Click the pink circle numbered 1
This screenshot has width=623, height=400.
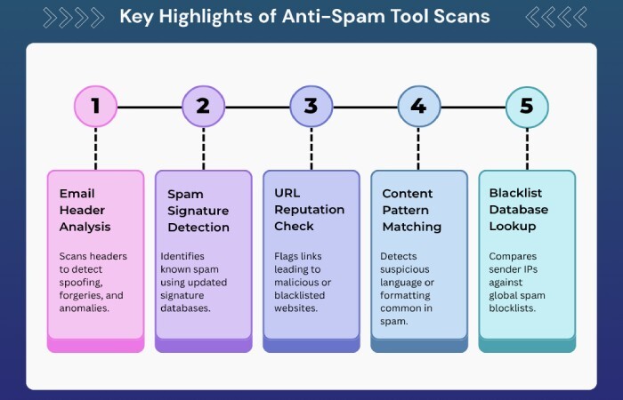(95, 107)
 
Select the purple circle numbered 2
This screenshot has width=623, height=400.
(203, 107)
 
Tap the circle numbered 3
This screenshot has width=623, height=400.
(311, 107)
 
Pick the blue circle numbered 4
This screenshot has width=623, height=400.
(418, 107)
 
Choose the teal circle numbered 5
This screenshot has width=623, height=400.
(526, 107)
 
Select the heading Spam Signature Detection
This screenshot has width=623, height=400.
(198, 211)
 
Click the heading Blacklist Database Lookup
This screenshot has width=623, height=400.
(519, 210)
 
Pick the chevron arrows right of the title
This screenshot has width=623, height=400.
(555, 16)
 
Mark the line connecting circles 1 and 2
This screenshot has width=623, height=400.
(149, 107)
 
